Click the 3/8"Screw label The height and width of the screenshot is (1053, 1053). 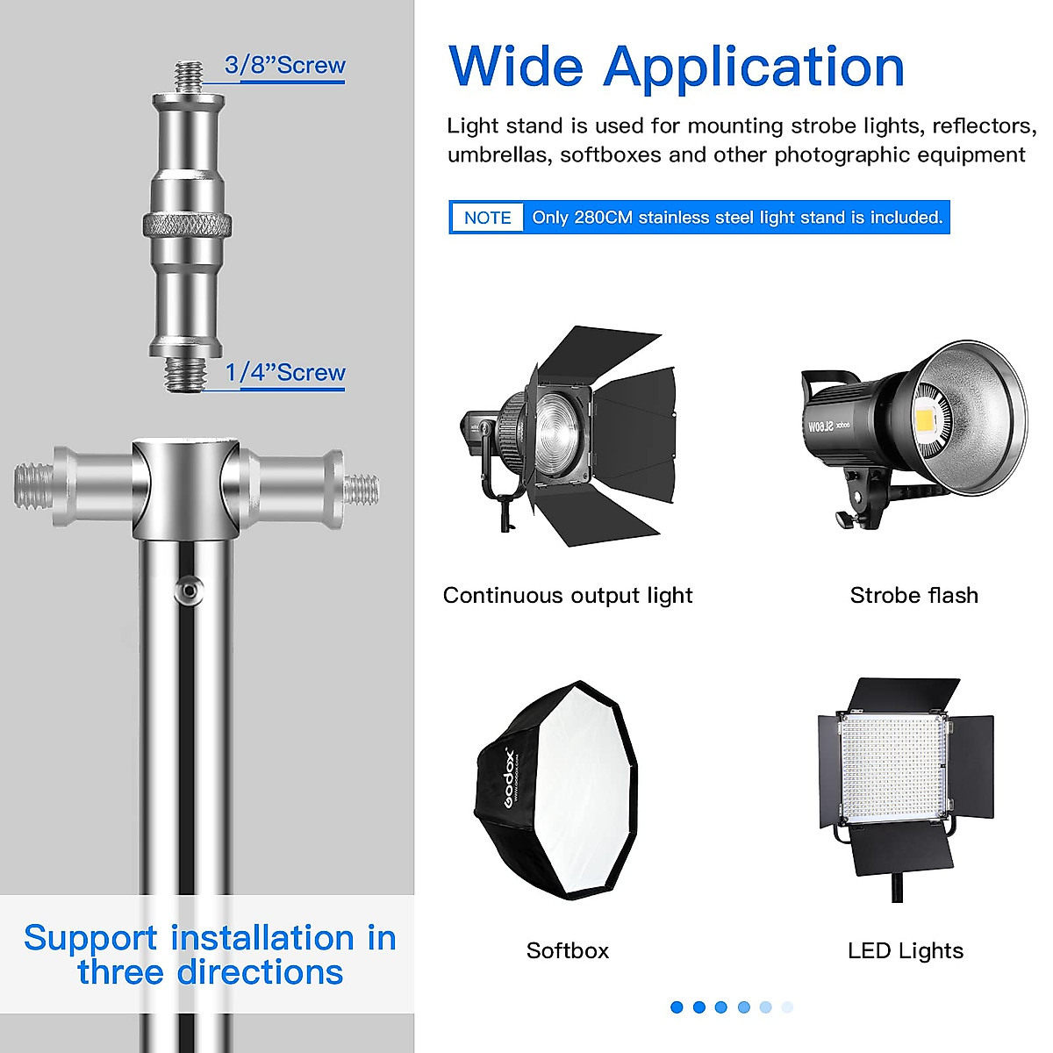(x=285, y=66)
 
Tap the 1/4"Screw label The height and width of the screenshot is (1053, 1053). (x=285, y=373)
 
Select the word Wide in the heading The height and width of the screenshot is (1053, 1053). (x=516, y=68)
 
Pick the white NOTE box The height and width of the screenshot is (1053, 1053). (x=487, y=218)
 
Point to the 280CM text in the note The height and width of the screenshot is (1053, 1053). (x=603, y=218)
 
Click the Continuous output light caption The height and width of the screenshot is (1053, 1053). (x=568, y=596)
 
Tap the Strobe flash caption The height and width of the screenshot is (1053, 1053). (x=913, y=596)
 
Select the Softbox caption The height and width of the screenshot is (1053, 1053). (x=567, y=950)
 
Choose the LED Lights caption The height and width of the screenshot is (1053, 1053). (x=905, y=950)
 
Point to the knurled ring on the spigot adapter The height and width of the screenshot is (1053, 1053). (x=188, y=226)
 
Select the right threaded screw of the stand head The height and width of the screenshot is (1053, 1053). (x=361, y=489)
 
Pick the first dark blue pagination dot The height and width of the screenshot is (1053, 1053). (x=677, y=1007)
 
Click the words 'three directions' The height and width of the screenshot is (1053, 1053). (x=211, y=973)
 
